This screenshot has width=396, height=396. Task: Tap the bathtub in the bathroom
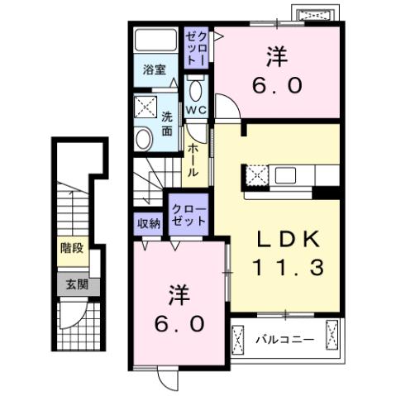(153, 44)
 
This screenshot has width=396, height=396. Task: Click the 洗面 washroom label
(167, 123)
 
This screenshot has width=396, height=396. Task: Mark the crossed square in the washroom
(146, 107)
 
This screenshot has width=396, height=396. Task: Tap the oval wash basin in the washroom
(144, 138)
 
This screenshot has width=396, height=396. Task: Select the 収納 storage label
(148, 222)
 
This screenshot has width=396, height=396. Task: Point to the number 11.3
(285, 268)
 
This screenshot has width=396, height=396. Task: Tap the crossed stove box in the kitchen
(255, 175)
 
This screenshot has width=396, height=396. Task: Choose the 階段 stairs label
(72, 247)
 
